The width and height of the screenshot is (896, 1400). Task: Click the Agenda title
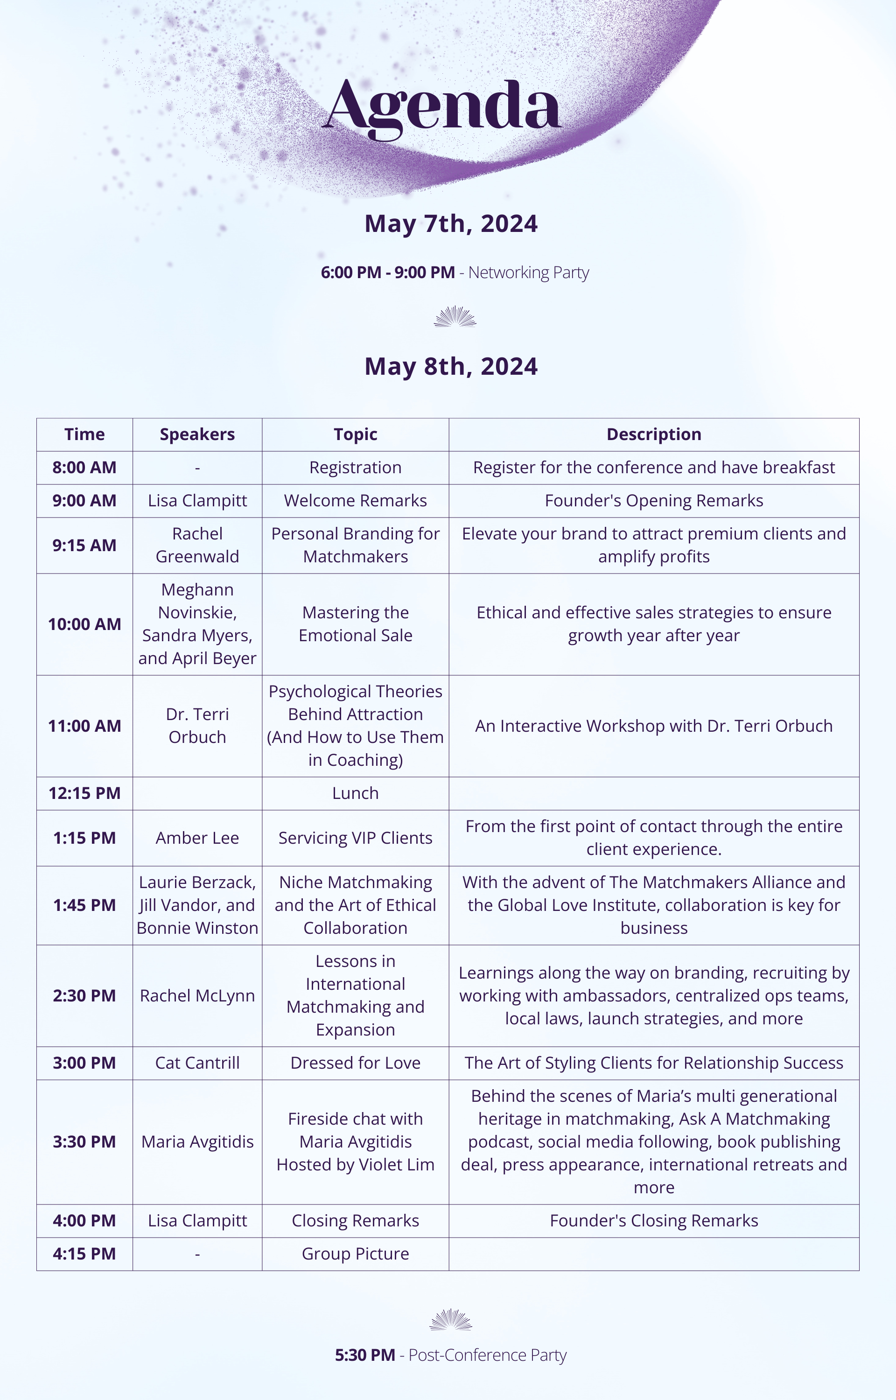coord(443,107)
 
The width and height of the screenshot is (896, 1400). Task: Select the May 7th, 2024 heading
coord(451,224)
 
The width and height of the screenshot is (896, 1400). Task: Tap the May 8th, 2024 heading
coord(451,366)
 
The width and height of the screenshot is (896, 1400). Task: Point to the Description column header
coord(653,434)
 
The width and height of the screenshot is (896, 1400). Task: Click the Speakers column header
coord(197,434)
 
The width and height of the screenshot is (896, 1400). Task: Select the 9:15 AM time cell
coord(84,546)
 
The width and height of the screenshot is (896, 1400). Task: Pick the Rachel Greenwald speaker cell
coord(197,545)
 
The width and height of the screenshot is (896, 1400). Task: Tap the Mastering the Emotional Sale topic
coord(355,623)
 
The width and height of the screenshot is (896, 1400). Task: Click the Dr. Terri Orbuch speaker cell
coord(197,725)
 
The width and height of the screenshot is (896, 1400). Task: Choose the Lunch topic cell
coord(355,793)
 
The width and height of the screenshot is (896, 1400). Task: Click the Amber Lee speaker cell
coord(197,838)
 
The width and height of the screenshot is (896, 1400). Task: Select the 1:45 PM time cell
coord(84,905)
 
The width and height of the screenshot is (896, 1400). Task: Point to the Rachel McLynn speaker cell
coord(197,996)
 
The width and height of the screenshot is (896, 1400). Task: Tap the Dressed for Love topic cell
coord(355,1063)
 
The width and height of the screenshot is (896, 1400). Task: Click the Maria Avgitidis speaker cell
coord(197,1142)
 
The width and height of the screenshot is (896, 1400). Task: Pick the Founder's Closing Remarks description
coord(653,1220)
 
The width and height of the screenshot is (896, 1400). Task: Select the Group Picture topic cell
coord(355,1253)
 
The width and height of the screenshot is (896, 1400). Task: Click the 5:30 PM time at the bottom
coord(365,1355)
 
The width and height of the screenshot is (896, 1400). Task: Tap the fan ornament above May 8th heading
coord(455,317)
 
